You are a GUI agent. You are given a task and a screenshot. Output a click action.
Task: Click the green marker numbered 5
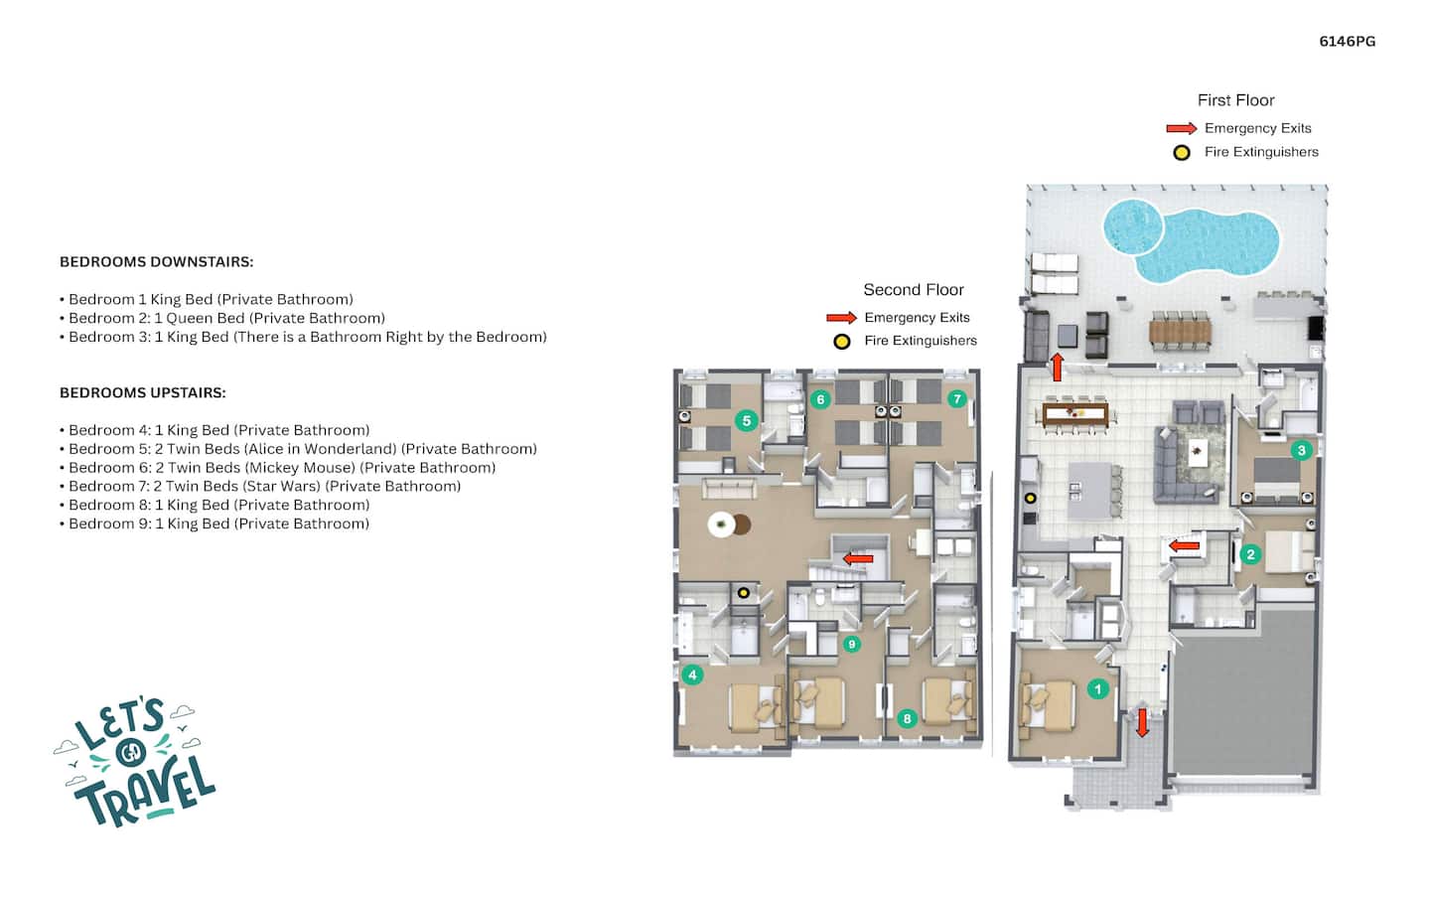[x=747, y=421]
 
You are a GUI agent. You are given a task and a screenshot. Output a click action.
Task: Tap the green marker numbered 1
[x=1098, y=688]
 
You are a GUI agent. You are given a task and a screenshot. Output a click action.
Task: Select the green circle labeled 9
[x=852, y=644]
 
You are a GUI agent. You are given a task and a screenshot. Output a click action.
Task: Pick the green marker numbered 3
[x=1302, y=450]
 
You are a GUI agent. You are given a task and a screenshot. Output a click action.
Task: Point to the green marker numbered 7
[x=957, y=399]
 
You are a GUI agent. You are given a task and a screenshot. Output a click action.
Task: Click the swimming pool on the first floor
[x=1192, y=240]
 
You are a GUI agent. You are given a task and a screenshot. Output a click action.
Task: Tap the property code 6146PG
[x=1347, y=42]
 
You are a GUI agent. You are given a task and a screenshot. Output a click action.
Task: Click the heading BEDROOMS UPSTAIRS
[x=143, y=392]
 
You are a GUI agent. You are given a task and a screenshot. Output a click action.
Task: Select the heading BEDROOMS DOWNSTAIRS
[x=157, y=262]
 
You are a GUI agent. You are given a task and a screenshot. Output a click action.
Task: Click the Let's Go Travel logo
[x=135, y=763]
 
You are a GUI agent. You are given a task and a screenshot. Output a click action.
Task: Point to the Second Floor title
[x=914, y=290]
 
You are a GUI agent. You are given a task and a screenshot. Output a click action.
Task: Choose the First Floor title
[x=1236, y=100]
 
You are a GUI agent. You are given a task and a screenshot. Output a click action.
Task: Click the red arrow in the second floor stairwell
[x=858, y=559]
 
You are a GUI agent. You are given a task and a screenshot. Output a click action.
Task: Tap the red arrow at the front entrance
[x=1142, y=722]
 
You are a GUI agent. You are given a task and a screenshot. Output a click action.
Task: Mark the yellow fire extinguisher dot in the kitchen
[x=1031, y=498]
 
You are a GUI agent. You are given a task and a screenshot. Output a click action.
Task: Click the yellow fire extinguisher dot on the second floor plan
[x=743, y=593]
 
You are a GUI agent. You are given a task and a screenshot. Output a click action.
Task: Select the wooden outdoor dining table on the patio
[x=1181, y=332]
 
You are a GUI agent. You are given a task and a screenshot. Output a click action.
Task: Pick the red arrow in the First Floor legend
[x=1181, y=128]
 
